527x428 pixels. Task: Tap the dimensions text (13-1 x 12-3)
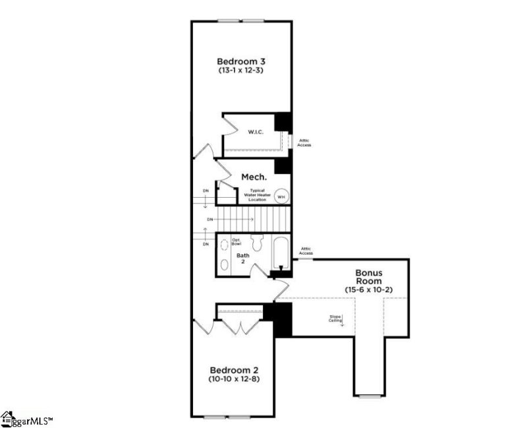point(242,70)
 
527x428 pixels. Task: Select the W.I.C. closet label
point(256,132)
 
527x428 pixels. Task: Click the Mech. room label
point(254,177)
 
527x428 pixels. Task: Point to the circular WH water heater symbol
point(281,197)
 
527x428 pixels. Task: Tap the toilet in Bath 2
point(259,243)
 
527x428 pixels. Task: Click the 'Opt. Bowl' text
point(236,242)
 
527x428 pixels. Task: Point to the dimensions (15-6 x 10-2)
point(368,290)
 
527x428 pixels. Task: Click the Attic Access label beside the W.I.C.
point(304,142)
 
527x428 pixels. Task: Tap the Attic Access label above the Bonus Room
point(306,251)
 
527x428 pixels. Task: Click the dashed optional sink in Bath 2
point(224,242)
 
